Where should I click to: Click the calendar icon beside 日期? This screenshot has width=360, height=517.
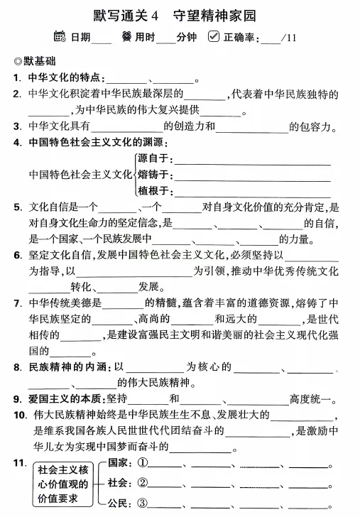coord(60,36)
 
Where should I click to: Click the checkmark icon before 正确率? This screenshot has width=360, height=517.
coord(214,36)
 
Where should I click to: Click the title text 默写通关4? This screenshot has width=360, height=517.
coord(125,14)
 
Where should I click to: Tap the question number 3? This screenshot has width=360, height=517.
coord(17,126)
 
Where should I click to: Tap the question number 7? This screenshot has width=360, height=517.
coord(17,304)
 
